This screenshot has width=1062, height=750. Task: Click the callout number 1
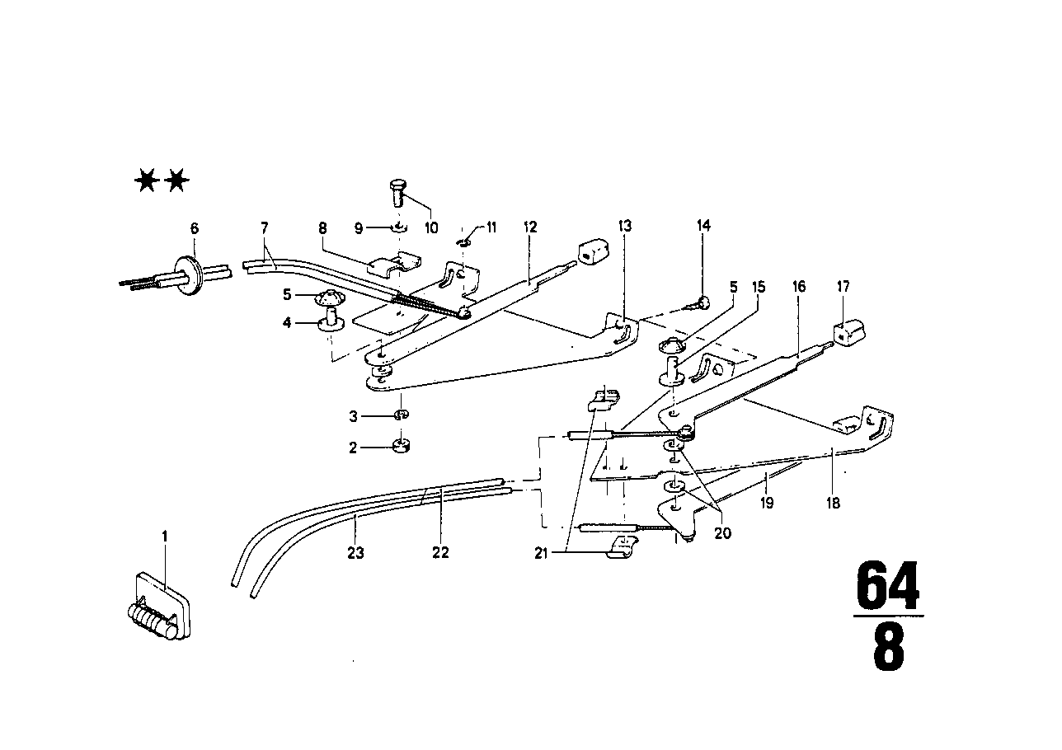(164, 536)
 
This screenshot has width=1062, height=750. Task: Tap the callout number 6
(195, 228)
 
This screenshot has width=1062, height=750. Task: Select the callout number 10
(430, 227)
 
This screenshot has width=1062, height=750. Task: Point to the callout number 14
(703, 225)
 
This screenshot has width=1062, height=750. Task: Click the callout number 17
(843, 287)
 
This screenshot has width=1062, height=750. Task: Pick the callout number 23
(355, 554)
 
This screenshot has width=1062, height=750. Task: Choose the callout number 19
(767, 502)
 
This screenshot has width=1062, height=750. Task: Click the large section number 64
(886, 586)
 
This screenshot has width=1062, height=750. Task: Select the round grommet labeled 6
(192, 273)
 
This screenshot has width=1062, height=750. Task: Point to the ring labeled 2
(402, 448)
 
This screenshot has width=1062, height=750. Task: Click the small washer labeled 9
(397, 228)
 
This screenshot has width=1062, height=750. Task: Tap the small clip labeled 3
(401, 414)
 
